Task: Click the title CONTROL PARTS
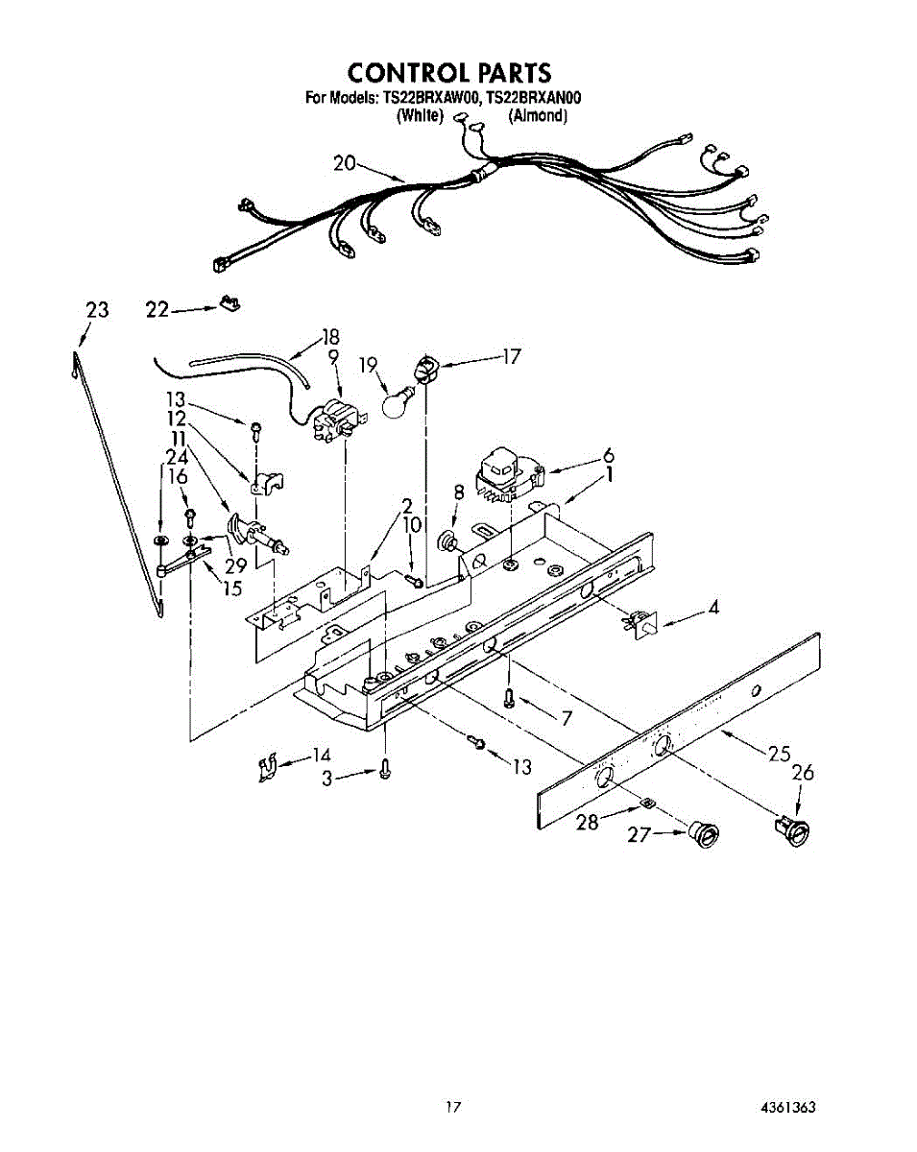[x=449, y=73]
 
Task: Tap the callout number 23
[x=97, y=310]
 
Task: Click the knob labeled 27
[x=704, y=835]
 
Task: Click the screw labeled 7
[x=510, y=697]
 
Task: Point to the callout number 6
[x=608, y=456]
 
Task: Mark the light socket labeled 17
[x=423, y=366]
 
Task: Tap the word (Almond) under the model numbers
[x=539, y=116]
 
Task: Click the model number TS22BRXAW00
[x=431, y=98]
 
